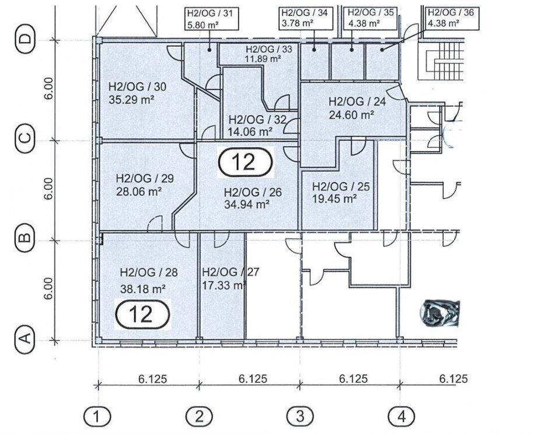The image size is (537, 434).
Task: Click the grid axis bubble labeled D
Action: pos(26,40)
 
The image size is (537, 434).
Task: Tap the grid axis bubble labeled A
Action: pos(26,339)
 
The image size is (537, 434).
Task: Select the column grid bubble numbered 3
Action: pos(300,417)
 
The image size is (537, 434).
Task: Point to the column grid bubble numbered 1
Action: pos(97,417)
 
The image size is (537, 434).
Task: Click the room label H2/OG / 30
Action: pos(137,86)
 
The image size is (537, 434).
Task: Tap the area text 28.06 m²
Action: pos(139,191)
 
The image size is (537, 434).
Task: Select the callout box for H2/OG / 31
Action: pos(212,19)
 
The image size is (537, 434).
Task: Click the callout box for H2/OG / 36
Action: pos(452,19)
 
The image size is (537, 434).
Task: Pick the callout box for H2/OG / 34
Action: pos(306,19)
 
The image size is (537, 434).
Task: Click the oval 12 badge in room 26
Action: pos(246,162)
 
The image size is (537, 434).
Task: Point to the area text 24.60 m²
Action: pos(351,114)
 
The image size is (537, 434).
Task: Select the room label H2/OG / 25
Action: pos(341,187)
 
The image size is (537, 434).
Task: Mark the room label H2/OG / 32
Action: pos(257,120)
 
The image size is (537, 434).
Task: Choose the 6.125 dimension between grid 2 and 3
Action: pos(253,379)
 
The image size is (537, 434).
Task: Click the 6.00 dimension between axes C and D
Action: pos(49,88)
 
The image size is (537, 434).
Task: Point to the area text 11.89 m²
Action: pos(263,58)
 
